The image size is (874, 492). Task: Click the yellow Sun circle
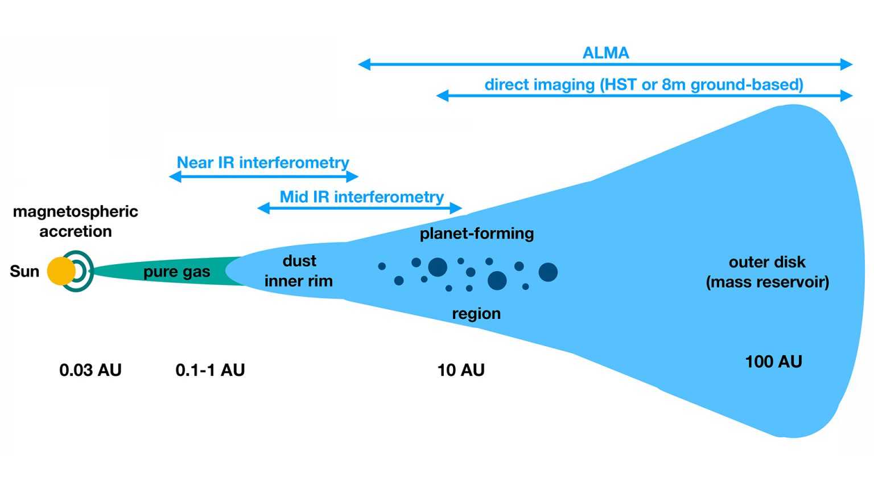61,271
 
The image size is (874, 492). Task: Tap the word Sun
24,271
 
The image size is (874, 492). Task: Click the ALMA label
605,53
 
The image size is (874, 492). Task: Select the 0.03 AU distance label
90,370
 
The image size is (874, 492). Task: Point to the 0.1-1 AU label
210,370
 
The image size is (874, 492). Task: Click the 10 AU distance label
461,370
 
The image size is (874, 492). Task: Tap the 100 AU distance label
773,362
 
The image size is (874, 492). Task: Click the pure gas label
176,272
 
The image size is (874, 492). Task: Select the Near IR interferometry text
263,163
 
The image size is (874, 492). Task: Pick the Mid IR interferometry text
361,197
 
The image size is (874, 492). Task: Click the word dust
299,261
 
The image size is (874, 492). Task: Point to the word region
476,314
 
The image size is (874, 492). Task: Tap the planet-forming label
477,233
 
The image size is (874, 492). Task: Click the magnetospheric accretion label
76,221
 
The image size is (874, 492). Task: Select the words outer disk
767,262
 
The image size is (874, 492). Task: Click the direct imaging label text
644,85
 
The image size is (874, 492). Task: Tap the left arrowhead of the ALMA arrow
364,64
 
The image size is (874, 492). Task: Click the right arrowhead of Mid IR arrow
457,208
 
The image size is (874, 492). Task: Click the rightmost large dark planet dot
548,272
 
